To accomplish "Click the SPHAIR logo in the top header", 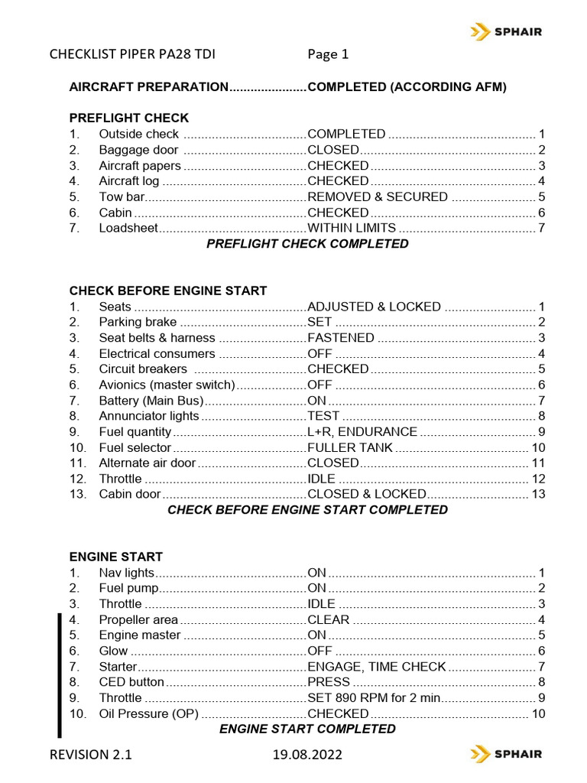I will (x=506, y=31).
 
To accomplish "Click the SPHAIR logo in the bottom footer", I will (x=506, y=754).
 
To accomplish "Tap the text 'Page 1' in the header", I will (x=328, y=54).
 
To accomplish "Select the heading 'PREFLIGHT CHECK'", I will (x=129, y=118).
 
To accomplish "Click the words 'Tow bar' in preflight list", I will (x=122, y=197).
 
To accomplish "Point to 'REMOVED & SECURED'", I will (x=378, y=197).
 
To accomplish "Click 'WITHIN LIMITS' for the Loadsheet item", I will (x=352, y=228).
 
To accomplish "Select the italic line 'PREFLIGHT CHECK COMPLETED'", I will (x=308, y=244).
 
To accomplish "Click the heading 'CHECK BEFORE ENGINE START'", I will (x=168, y=291).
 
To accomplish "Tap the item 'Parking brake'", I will (x=138, y=322).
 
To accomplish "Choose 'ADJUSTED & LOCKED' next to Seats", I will (x=374, y=307).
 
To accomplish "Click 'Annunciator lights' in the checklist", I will (x=149, y=416).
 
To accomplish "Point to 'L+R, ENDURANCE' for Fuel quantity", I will (x=362, y=432).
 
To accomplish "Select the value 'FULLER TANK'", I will (x=350, y=447).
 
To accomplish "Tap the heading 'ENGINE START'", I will (x=116, y=557).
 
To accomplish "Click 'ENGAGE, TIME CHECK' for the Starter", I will (x=376, y=667).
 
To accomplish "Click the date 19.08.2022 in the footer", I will (x=308, y=755).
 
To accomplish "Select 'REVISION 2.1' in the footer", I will (x=91, y=755).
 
